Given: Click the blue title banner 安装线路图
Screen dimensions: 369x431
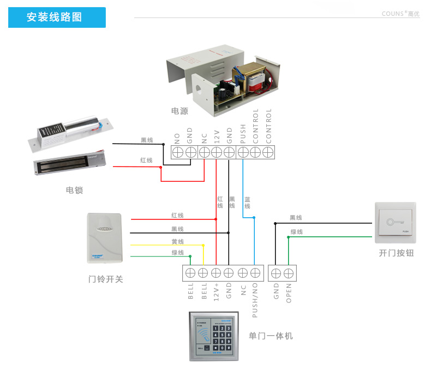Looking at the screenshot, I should point(57,17).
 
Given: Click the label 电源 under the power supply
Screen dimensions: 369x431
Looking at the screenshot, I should point(179,111).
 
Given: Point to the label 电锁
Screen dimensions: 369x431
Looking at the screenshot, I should point(74,190).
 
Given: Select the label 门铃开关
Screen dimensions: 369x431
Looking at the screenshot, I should point(106,279).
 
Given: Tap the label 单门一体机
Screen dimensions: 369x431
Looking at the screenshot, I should point(271,336).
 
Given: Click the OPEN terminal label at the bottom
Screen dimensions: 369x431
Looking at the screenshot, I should point(289,292).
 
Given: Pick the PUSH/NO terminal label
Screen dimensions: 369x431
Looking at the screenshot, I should point(255,301).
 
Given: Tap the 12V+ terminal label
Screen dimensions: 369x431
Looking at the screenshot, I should point(216,293).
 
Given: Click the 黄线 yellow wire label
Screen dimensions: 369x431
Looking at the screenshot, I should point(177,241).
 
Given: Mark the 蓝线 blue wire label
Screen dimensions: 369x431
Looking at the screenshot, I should point(247,203).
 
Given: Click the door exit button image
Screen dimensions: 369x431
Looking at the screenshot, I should point(395,223).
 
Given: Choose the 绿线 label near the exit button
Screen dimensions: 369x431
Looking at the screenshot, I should point(296,232).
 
